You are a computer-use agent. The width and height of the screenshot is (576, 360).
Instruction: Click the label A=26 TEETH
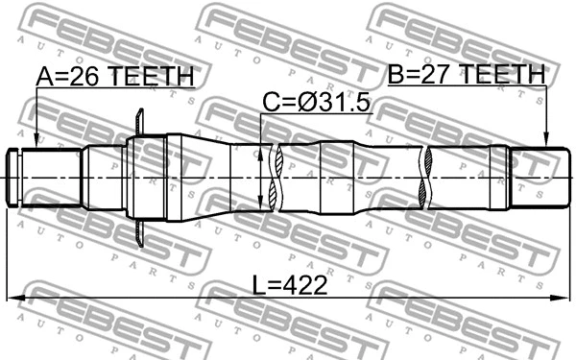115,76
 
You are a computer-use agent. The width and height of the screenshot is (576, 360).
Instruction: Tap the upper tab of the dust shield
140,121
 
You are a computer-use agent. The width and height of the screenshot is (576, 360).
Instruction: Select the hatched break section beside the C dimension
276,176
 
